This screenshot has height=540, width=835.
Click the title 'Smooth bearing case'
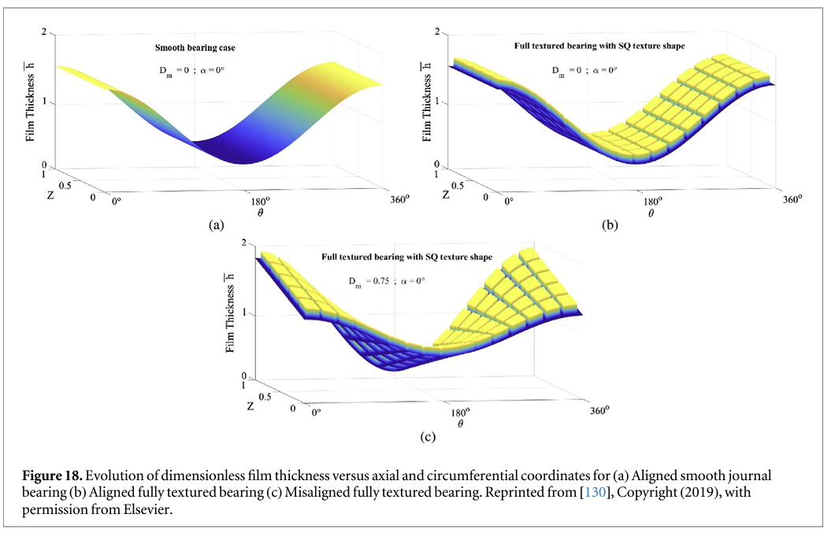pos(194,48)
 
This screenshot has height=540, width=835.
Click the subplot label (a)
pos(213,225)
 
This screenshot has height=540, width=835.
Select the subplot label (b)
pos(610,225)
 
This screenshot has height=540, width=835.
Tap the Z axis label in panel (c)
pos(251,406)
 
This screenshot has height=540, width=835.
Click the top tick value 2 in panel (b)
pos(438,31)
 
